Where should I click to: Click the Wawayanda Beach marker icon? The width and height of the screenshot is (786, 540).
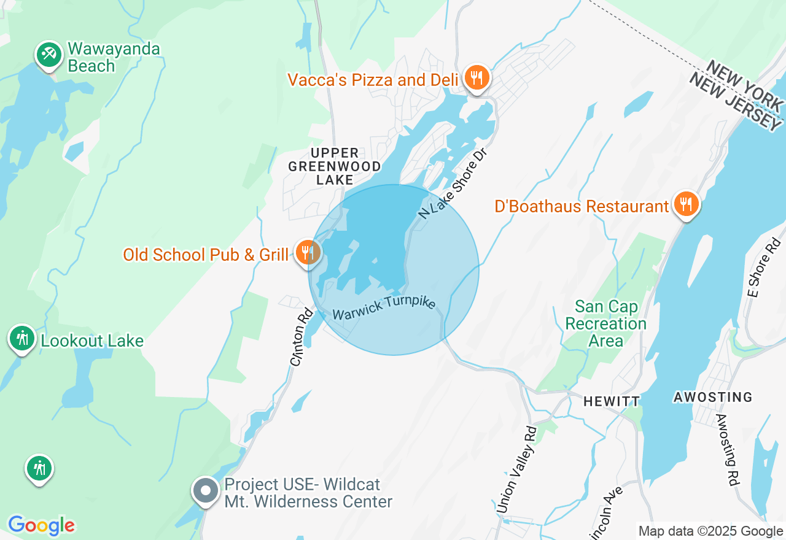click(49, 55)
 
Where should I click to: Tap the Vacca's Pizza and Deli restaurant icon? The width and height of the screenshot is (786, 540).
click(477, 78)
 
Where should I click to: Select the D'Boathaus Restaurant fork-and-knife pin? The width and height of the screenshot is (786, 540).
click(686, 204)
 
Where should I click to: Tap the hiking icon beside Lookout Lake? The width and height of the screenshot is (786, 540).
click(23, 338)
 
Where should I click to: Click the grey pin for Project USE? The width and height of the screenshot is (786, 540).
click(206, 491)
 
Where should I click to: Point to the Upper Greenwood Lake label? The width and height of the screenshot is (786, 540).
click(335, 166)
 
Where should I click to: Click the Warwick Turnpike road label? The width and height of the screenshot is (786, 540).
click(384, 307)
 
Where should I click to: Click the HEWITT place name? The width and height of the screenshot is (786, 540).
click(611, 401)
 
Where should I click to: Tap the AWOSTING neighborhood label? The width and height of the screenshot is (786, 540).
click(712, 398)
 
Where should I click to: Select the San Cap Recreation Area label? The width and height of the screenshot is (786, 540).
click(605, 323)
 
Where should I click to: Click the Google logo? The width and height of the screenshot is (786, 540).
click(41, 525)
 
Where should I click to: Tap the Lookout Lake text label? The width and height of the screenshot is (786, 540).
click(92, 341)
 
